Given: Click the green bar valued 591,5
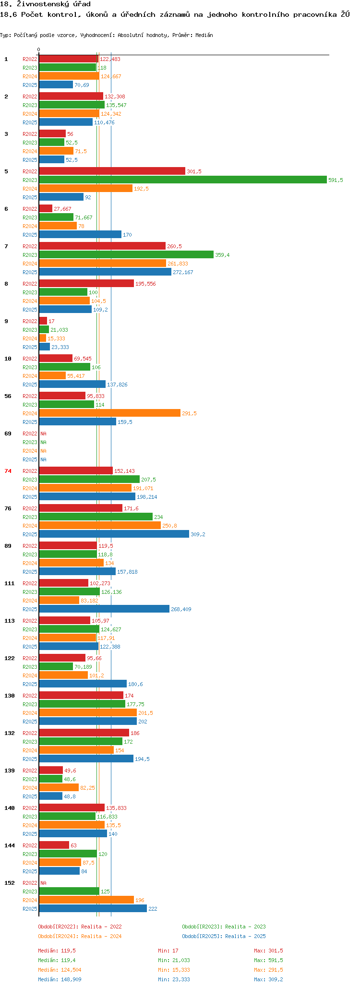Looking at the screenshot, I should tap(182, 180).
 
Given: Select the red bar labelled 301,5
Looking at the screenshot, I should tap(112, 171).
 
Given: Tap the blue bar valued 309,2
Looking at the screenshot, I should tap(114, 534).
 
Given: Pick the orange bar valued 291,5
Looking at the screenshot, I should tap(109, 413).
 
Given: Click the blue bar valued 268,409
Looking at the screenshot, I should tap(104, 609).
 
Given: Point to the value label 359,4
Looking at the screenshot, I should tap(222, 255).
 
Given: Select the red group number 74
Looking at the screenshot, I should tap(8, 471).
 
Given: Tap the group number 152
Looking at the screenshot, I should tap(9, 883).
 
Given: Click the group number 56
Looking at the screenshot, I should tap(8, 396).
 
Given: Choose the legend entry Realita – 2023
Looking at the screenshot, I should tap(224, 927).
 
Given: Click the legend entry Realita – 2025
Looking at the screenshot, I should tap(224, 936).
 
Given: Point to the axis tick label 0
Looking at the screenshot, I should tap(39, 49).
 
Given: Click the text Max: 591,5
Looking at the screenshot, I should tap(268, 960).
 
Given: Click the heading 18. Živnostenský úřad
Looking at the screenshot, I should tap(45, 4).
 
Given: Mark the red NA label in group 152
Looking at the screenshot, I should tap(43, 883).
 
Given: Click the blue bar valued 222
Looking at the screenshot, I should tap(93, 908).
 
